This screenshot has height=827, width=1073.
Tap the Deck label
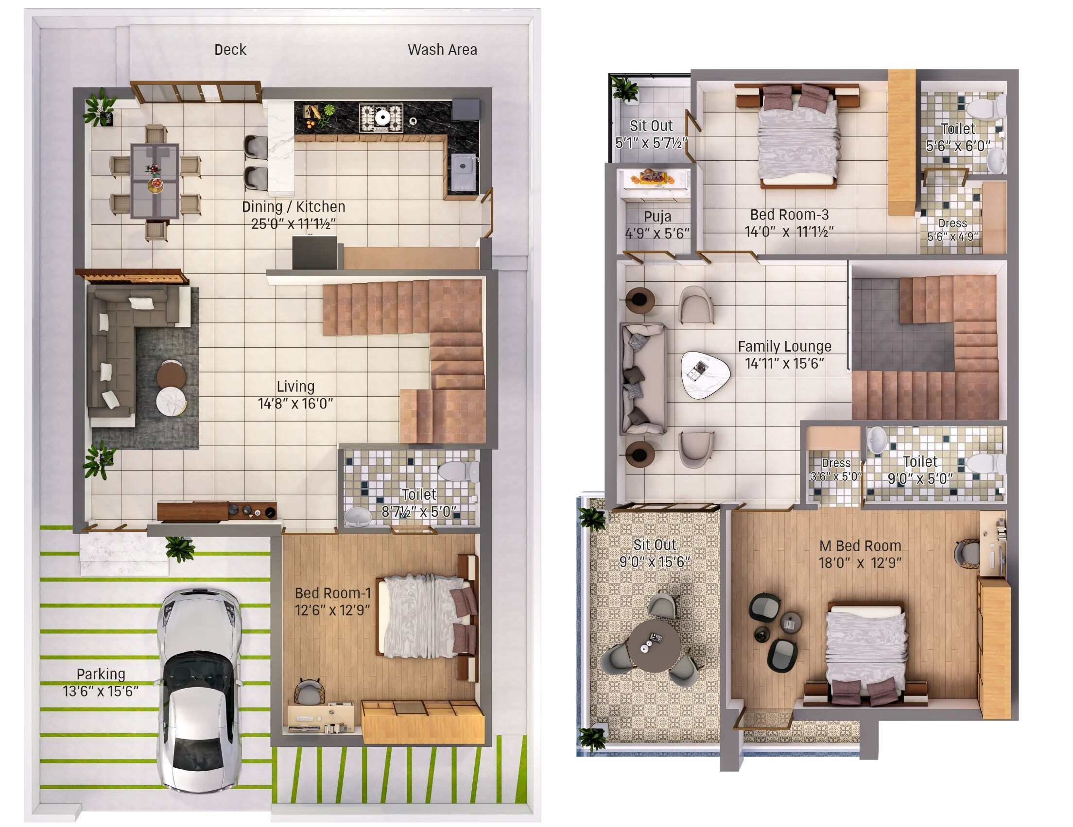230,50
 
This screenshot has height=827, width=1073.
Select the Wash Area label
442,50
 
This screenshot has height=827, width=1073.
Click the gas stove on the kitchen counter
381,118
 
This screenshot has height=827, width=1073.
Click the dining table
154,180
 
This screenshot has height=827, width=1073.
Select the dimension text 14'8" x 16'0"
295,404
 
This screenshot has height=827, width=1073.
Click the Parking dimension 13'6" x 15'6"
101,691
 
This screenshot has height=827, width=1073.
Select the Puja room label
658,217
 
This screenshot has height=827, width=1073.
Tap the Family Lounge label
785,346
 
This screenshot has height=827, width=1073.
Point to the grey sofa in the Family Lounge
642,378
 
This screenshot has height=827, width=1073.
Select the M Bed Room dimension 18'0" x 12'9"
860,562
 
